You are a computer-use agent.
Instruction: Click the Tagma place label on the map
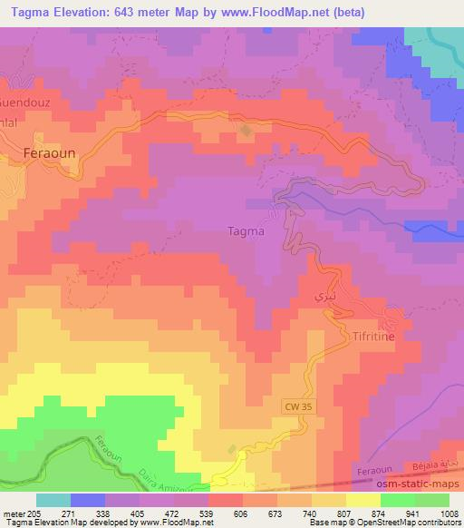pos(246,230)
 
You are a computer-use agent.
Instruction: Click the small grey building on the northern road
pos(246,132)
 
